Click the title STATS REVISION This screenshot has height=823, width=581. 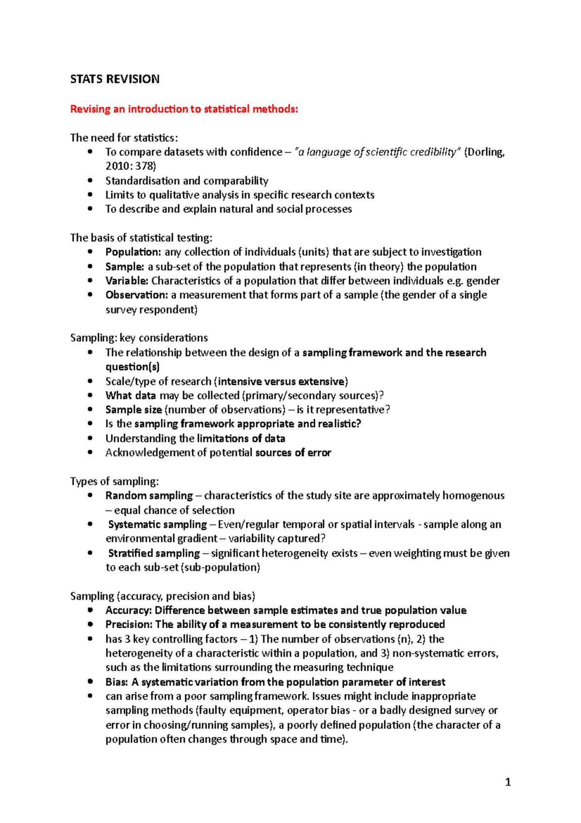coord(115,79)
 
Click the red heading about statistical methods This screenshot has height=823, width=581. coord(184,109)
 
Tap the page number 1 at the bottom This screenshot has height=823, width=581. coord(507,782)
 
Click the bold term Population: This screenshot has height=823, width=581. coord(133,252)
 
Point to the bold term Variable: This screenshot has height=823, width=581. coord(127,281)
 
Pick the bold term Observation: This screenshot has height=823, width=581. coord(137,295)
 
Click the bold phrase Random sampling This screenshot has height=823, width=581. coord(149,495)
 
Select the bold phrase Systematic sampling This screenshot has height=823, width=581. coord(157,524)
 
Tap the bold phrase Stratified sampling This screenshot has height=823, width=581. coord(154,553)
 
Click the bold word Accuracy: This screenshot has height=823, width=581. coord(128,610)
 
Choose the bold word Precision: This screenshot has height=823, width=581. coord(129,624)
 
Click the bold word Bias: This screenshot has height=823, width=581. coord(117,682)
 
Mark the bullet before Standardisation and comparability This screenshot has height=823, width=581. coord(90,180)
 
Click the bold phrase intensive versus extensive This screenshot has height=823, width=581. coord(282,381)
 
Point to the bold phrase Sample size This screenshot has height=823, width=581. coord(134,410)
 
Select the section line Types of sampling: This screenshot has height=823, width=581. coord(114,481)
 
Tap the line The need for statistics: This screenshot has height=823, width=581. coord(124,138)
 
